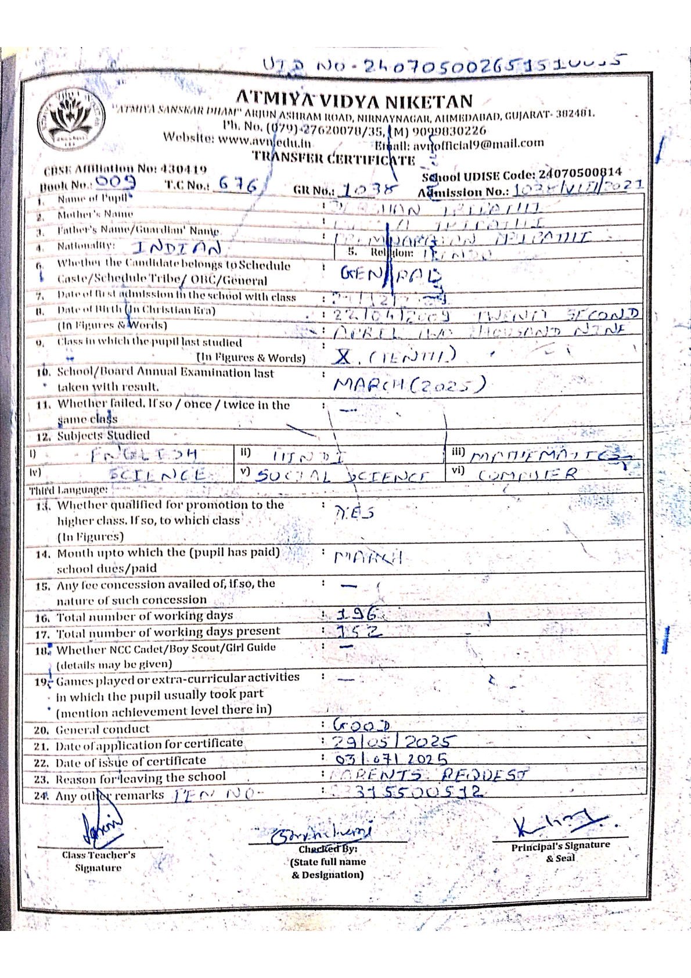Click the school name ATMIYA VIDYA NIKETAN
354,101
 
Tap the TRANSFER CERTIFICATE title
334,158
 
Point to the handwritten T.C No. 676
238,185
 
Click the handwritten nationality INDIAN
177,249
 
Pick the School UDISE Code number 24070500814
580,173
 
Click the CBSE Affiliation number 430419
183,169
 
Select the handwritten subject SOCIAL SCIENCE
343,476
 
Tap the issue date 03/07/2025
392,758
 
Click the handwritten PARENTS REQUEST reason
430,775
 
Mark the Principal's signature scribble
557,823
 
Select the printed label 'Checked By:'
327,849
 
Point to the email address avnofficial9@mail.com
478,143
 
